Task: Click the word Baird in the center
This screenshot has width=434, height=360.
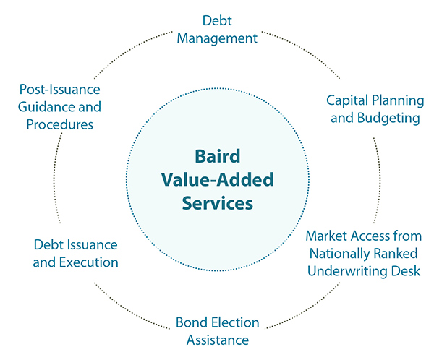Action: point(216,157)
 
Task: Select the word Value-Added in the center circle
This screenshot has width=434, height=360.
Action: point(216,180)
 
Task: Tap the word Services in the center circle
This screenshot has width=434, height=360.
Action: point(216,203)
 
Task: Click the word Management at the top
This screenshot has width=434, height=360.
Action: point(218,38)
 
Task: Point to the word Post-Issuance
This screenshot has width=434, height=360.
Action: point(59,90)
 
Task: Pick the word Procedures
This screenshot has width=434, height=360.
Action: point(60,124)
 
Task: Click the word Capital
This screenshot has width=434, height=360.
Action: point(348,100)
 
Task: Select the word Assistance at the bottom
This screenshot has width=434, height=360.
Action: point(218,339)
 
